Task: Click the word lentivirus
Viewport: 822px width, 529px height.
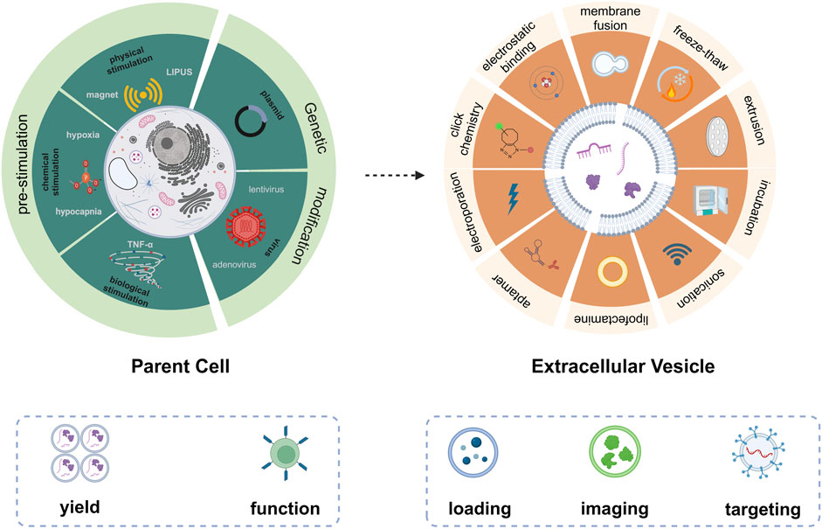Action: [253, 185]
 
